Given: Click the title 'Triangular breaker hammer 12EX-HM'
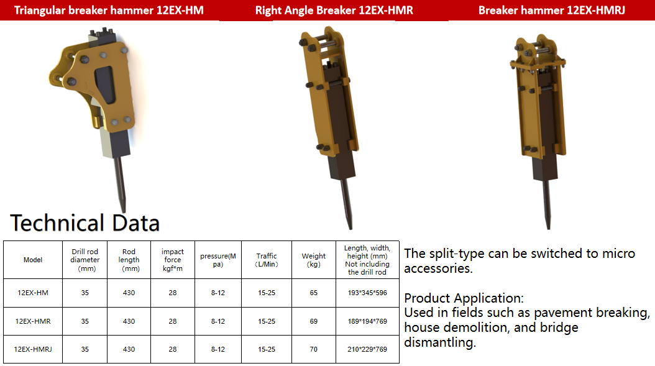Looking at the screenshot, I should [109, 11].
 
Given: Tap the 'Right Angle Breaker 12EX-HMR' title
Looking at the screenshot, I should [334, 11].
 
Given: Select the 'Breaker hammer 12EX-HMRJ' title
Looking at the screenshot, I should [552, 11].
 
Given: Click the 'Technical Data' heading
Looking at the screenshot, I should [85, 222].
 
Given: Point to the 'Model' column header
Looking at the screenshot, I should [33, 260].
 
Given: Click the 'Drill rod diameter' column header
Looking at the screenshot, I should [85, 260].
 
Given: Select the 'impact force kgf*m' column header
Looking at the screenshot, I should [173, 260].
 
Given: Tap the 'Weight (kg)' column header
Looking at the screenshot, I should [314, 260].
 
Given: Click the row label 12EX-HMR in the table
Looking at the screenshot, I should [33, 321].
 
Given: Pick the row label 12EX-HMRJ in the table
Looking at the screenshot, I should [33, 349].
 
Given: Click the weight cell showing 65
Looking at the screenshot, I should [314, 293].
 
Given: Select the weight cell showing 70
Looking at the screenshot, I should [314, 349].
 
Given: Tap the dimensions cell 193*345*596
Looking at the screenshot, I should [367, 293].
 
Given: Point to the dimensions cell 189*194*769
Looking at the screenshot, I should [367, 321].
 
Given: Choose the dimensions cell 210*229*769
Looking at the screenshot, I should [367, 349].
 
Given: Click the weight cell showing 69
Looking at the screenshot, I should [314, 321].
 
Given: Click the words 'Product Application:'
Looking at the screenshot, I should [464, 298].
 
